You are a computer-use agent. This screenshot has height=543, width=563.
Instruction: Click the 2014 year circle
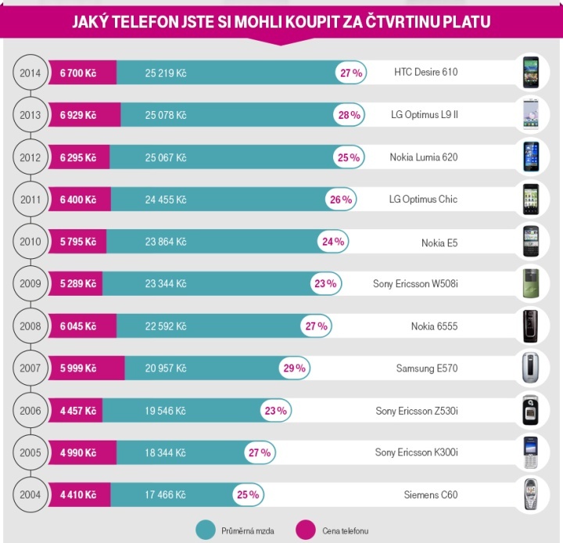30,73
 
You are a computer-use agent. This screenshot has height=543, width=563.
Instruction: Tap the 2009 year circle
30,283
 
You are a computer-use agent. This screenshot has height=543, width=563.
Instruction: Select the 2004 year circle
30,494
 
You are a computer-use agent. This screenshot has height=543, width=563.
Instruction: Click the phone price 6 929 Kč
77,115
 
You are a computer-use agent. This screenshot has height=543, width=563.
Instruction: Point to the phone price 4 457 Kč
77,410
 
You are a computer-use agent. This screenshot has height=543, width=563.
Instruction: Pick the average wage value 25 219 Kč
166,73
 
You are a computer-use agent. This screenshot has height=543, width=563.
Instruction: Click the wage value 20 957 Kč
166,368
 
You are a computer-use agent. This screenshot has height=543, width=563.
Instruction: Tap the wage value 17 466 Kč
166,494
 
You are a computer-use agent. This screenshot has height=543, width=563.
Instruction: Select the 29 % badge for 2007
296,368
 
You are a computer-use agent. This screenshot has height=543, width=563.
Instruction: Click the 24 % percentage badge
332,242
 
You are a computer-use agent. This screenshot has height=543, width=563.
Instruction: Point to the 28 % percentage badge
350,115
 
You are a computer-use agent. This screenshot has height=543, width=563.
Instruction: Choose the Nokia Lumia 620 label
423,157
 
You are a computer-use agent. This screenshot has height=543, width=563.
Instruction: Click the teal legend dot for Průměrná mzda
204,530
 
